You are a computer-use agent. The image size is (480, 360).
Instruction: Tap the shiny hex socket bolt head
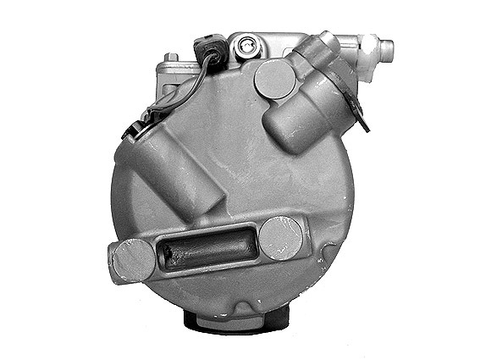pos(246,47)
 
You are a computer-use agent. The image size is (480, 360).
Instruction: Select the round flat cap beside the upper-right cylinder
pos(275,78)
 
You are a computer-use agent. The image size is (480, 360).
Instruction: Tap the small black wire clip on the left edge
pos(132,130)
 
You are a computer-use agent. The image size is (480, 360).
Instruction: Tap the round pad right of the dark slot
pos(281,238)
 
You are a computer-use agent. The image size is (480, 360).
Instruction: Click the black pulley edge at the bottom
pos(236,319)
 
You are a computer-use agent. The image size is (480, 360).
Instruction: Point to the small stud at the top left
pos(172,57)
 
